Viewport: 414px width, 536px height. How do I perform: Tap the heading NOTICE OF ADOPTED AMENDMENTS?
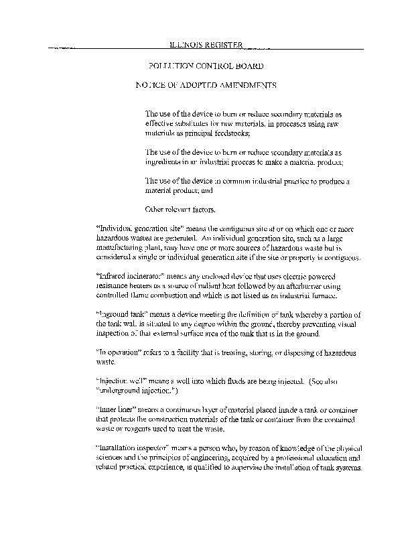206,86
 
